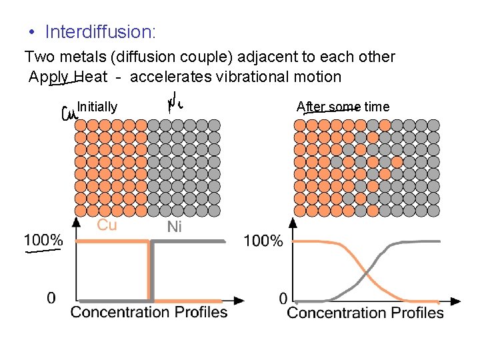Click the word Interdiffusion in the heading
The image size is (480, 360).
(99, 31)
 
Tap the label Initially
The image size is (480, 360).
(97, 107)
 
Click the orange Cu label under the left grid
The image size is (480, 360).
(107, 225)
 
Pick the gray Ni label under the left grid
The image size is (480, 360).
(174, 227)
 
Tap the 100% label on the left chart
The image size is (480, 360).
(43, 240)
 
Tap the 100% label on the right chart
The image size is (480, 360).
(263, 241)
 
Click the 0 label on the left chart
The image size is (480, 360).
(51, 298)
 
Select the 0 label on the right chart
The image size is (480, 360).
(283, 298)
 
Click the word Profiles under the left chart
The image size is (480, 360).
(201, 312)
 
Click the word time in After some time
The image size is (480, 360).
(377, 107)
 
